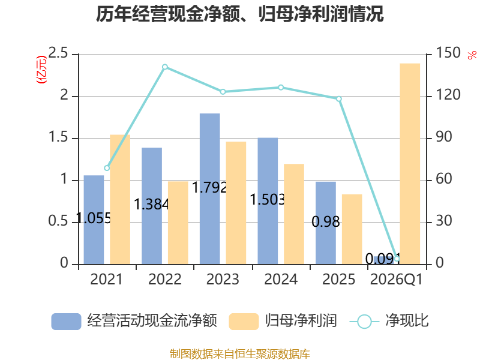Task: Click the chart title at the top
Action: [239, 14]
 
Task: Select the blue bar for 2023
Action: [209, 189]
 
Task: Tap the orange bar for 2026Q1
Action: [410, 164]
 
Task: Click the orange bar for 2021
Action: [120, 200]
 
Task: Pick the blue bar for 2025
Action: [326, 223]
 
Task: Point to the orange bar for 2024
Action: [294, 214]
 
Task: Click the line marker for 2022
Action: [165, 67]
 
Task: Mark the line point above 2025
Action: [339, 99]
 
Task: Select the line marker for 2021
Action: [107, 168]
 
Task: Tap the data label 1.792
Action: [209, 187]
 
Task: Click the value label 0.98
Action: [326, 221]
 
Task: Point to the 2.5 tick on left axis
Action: [58, 53]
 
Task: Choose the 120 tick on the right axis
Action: [448, 95]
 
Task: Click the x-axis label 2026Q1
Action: [397, 279]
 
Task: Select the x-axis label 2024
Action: [281, 279]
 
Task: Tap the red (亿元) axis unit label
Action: [41, 70]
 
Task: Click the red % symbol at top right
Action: [472, 55]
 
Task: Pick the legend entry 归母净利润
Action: [283, 321]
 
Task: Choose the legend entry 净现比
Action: [389, 321]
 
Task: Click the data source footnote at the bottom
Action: [240, 354]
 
